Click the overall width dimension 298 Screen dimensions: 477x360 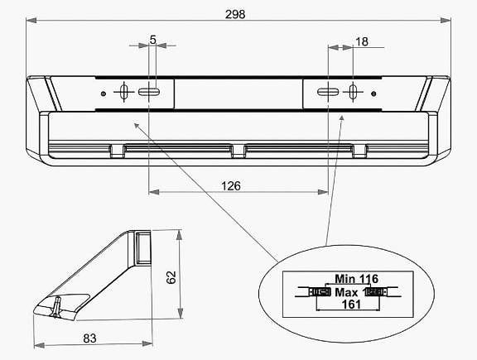pos(235,14)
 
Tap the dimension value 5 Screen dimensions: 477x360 pos(152,39)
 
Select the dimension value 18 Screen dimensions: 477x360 pos(362,41)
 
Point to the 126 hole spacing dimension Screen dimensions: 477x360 pos(231,185)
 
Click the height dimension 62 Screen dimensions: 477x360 pos(171,277)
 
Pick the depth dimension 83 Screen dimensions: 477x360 pos(89,338)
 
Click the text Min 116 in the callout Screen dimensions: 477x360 pos(357,279)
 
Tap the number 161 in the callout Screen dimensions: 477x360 pos(351,304)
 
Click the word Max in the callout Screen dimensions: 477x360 pos(346,292)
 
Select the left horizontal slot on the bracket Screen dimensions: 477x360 pos(149,92)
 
